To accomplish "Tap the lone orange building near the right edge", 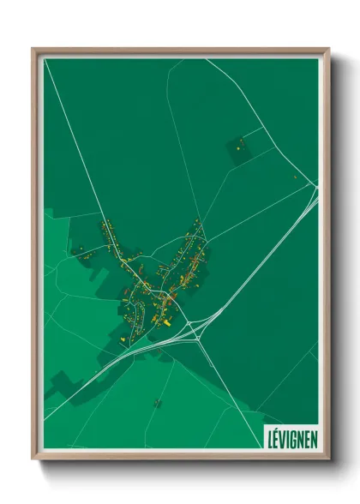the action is tap(296, 177).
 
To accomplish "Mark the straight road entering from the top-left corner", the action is tap(69, 120).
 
